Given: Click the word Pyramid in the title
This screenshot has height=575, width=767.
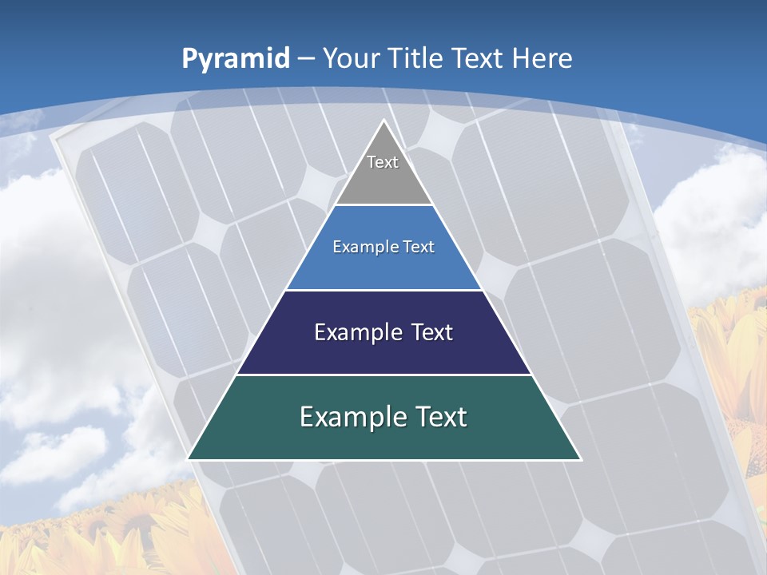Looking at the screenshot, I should pos(235,59).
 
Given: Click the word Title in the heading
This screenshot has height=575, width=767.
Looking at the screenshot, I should pos(417,58).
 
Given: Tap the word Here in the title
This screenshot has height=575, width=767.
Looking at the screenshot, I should pos(542,58).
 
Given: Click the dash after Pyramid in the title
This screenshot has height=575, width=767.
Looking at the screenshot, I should pos(307,59).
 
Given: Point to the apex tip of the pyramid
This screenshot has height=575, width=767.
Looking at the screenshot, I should pos(383,122).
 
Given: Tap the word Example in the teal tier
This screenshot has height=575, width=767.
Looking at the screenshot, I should pos(352,417).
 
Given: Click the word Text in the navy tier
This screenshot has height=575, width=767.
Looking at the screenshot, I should pos(430,332).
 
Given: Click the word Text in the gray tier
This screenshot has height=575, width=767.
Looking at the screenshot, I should pos(383,162).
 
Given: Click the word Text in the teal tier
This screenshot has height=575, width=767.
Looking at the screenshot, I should pos(439,417).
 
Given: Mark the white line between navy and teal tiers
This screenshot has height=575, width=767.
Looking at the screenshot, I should pos(383,375).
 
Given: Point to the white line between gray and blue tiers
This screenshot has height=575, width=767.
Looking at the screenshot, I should pos(383,205).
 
